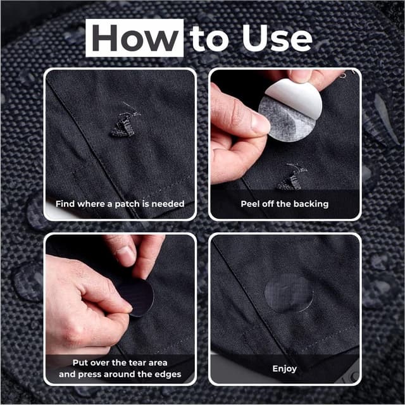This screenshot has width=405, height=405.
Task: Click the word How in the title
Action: [135, 39]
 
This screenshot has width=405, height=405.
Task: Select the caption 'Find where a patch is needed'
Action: [120, 204]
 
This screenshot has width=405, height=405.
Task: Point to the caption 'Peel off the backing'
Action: [284, 204]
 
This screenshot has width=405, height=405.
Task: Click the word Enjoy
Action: [284, 368]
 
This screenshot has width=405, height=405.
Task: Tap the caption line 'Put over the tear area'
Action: [120, 362]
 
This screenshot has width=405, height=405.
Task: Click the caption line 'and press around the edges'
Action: [120, 374]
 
